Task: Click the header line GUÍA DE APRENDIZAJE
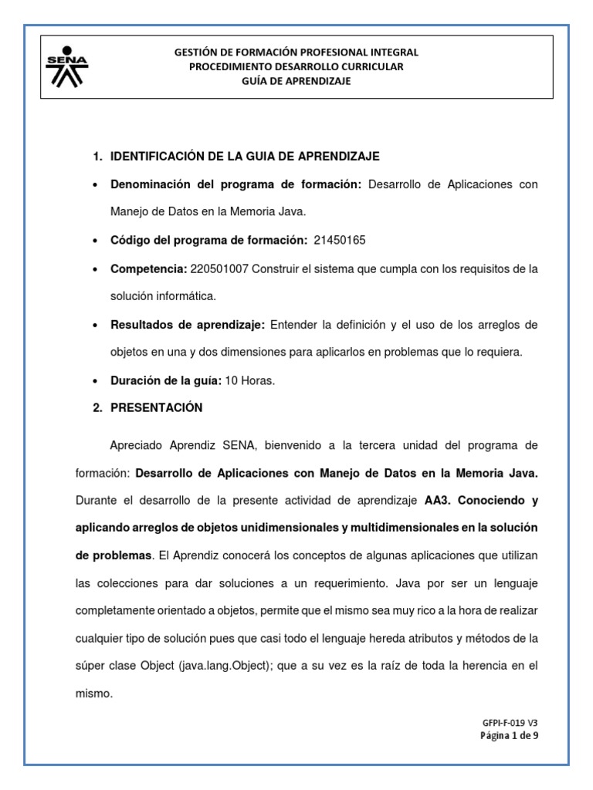tap(296, 82)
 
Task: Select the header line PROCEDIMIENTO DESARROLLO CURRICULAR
tap(296, 67)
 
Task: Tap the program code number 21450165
tap(340, 241)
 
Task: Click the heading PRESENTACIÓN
tap(157, 407)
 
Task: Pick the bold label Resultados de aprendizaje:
tap(178, 325)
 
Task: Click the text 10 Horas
tap(252, 380)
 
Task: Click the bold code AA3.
tap(438, 501)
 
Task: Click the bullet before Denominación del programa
tap(94, 185)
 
